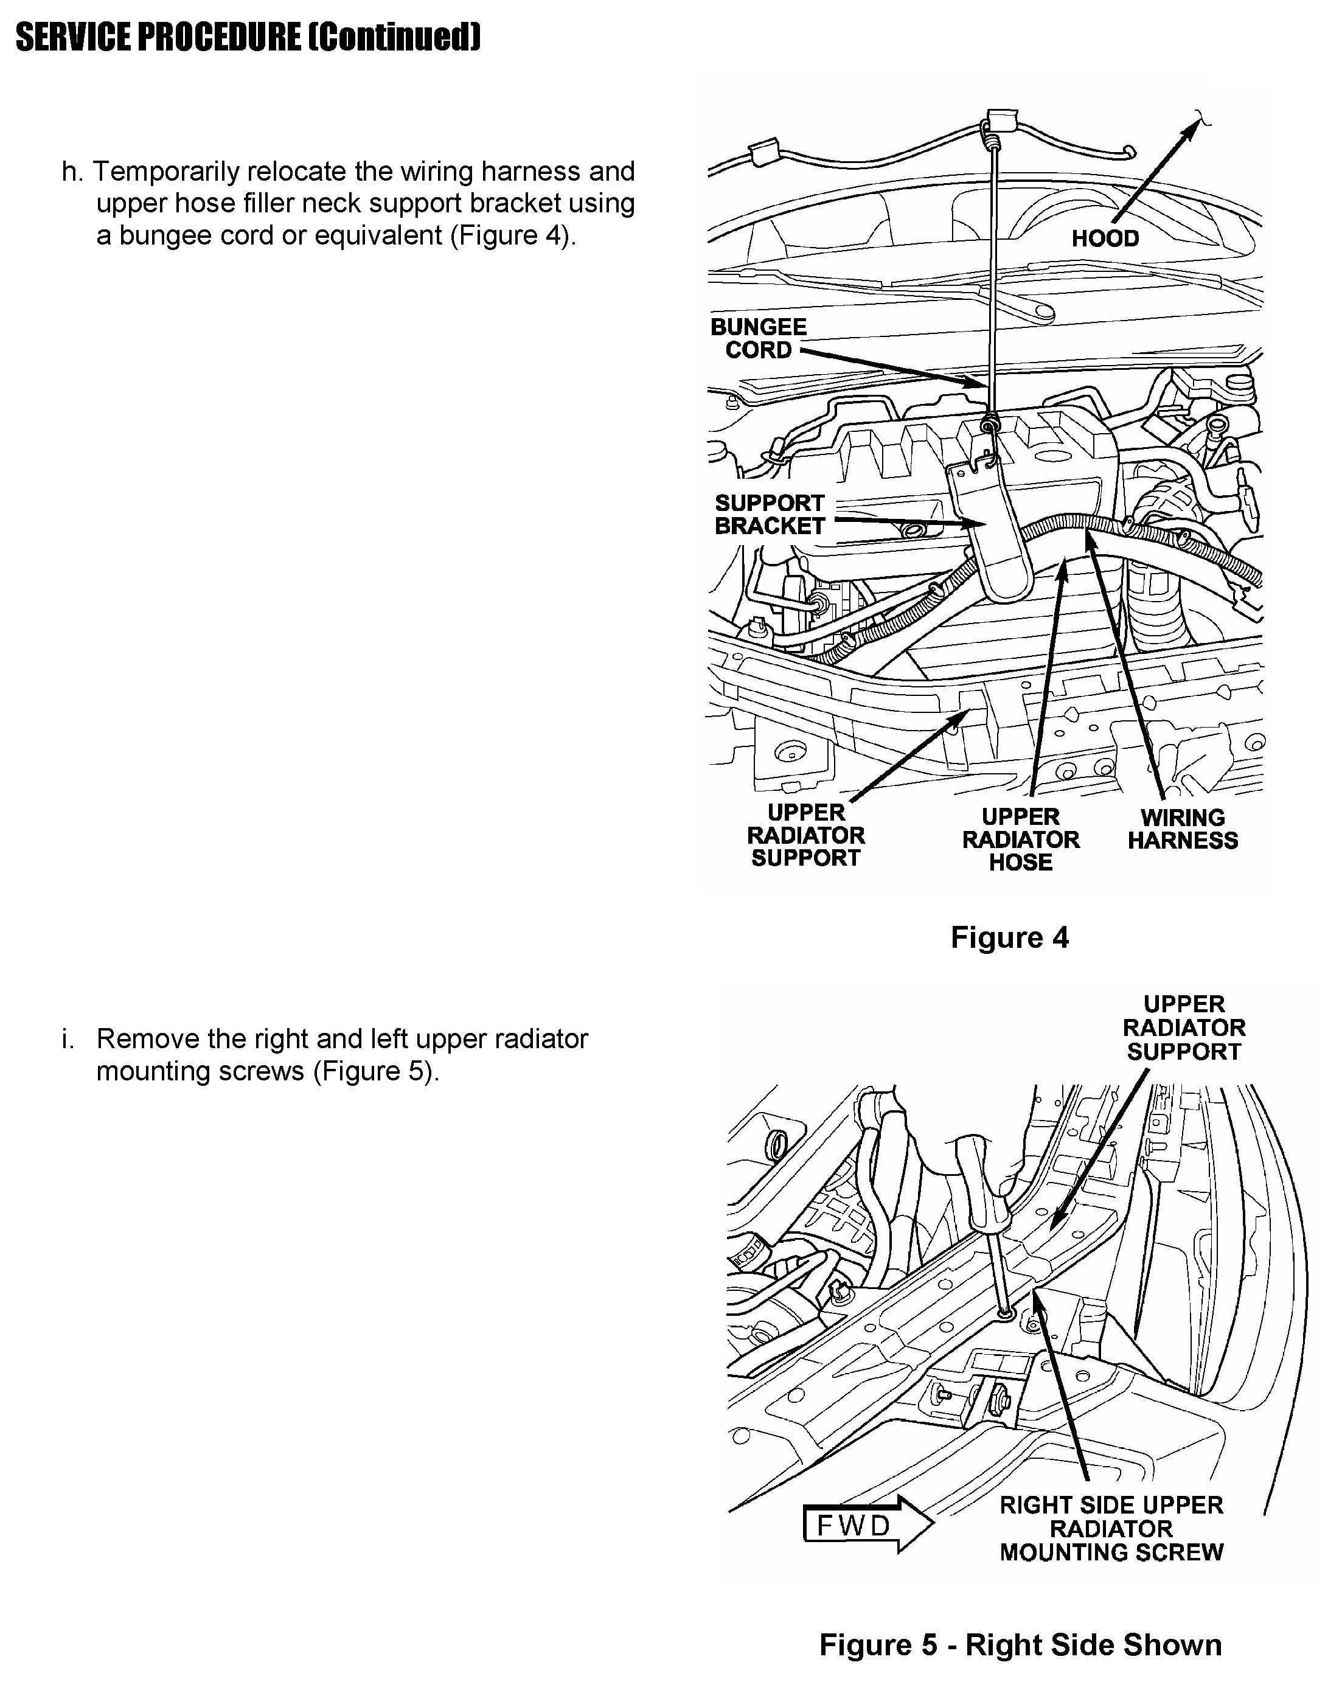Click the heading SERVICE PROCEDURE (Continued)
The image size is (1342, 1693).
[x=248, y=37]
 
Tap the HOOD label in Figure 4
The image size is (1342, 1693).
[x=1104, y=238]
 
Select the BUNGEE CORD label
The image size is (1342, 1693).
[x=758, y=338]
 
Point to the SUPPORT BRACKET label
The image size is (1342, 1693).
[x=769, y=514]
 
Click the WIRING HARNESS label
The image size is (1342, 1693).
[x=1182, y=829]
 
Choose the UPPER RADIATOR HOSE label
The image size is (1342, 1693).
[x=1020, y=840]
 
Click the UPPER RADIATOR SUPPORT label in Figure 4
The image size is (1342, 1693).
[x=805, y=835]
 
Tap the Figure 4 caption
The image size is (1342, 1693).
[x=1009, y=937]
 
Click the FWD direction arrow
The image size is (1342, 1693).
[x=867, y=1526]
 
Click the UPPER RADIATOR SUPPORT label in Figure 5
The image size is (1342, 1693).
[x=1183, y=1028]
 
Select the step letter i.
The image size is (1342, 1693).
[x=68, y=1039]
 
